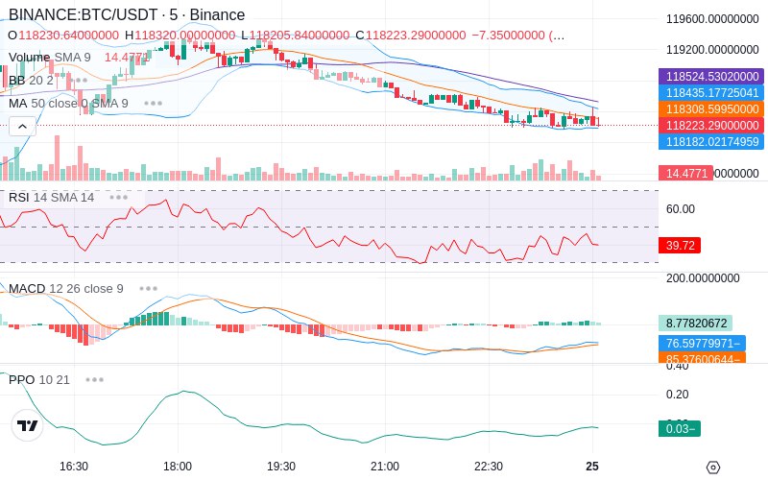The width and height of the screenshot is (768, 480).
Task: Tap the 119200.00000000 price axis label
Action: tap(710, 49)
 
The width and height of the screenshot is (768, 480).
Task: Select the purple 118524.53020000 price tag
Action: tap(710, 76)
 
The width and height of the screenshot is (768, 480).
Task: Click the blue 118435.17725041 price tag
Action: tap(710, 93)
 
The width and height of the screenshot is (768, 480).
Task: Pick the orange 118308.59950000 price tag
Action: tap(710, 109)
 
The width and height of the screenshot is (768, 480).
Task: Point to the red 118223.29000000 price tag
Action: tap(710, 126)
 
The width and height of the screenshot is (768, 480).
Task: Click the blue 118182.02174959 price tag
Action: tap(710, 142)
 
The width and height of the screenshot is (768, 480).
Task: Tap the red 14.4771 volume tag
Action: tap(685, 174)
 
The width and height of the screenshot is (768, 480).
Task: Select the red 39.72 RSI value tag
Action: tap(680, 246)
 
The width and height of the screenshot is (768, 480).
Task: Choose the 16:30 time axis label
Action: tap(74, 466)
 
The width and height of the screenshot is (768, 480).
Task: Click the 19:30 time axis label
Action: tap(280, 466)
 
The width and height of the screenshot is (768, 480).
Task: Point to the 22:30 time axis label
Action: tap(488, 466)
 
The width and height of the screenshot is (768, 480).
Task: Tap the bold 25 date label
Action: tap(592, 466)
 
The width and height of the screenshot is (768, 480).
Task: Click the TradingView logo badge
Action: tap(28, 426)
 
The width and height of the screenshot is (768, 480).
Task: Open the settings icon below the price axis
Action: tap(712, 468)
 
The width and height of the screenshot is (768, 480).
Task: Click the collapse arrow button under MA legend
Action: tap(22, 126)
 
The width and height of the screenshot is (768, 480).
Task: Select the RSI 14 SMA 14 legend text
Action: tap(51, 198)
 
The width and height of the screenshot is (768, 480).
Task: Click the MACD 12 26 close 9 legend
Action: tap(66, 288)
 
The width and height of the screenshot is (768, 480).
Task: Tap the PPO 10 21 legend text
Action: tap(39, 379)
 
